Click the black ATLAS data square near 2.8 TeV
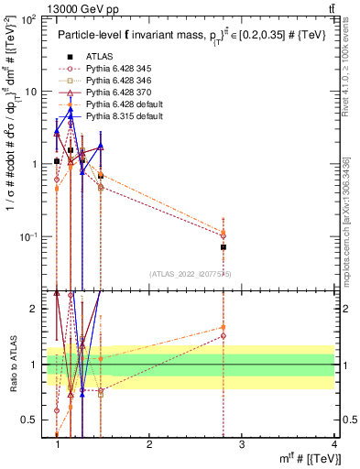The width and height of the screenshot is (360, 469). (224, 247)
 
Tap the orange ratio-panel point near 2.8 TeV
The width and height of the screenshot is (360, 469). (224, 327)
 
